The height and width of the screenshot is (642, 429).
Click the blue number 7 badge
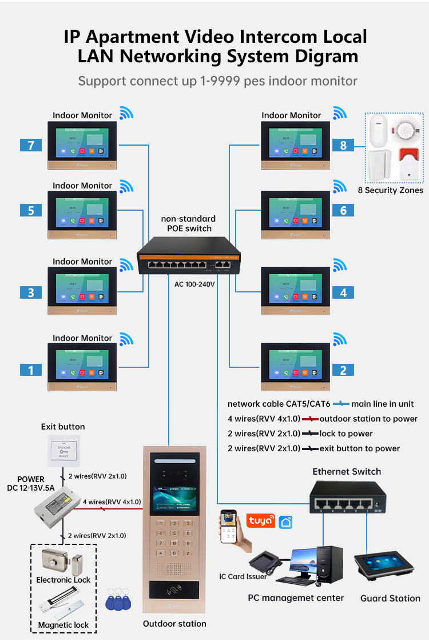(31, 145)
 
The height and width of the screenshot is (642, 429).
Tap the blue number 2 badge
(343, 370)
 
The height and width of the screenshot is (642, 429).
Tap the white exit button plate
(63, 451)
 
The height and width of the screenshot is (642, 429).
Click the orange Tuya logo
(260, 521)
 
